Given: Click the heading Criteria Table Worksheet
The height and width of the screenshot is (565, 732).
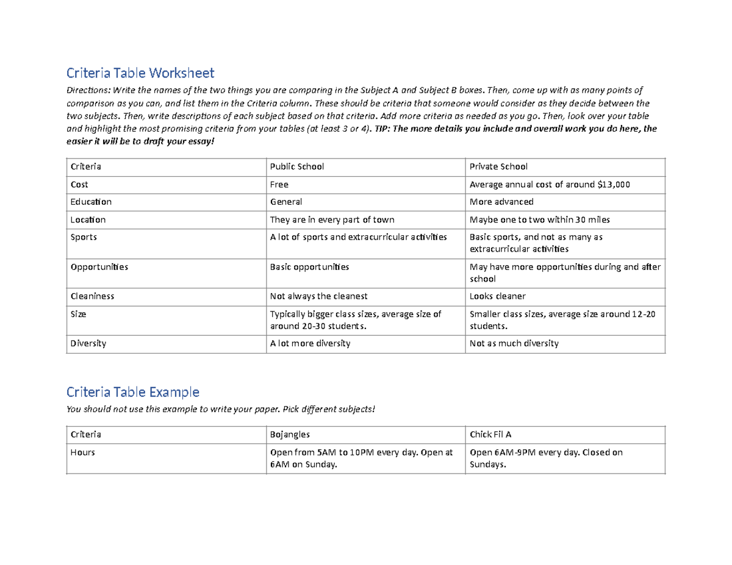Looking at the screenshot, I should tap(140, 73).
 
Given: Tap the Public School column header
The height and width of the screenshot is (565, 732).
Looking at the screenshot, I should tap(297, 166).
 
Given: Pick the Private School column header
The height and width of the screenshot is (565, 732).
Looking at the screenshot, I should tap(498, 166).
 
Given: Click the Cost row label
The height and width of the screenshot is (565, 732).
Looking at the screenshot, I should tap(79, 184).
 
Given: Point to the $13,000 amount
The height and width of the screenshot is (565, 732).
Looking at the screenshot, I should tap(612, 184).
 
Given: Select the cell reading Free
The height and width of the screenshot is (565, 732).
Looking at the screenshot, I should tap(279, 184).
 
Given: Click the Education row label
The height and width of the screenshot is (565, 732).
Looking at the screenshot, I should tap(91, 202).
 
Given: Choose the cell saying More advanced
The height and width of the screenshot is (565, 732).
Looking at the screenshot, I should tap(501, 202).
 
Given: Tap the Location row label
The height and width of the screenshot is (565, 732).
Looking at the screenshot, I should tap(88, 219).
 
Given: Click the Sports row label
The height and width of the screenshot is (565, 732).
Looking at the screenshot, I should tap(84, 237).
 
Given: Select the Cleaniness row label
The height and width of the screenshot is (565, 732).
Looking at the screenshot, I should tap(92, 296).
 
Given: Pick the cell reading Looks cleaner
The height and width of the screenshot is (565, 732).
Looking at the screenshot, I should tap(497, 296).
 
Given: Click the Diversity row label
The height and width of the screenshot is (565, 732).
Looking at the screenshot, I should tap(88, 343).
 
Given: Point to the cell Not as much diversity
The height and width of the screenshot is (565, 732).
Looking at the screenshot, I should tap(514, 343).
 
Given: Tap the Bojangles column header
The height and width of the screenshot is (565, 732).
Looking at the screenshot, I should tap(290, 435).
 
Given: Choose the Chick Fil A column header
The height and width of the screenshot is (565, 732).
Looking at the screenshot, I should tap(490, 435).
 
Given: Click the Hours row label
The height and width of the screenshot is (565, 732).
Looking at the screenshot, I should tap(82, 453).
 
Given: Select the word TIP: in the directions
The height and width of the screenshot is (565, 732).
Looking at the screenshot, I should tap(383, 129).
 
